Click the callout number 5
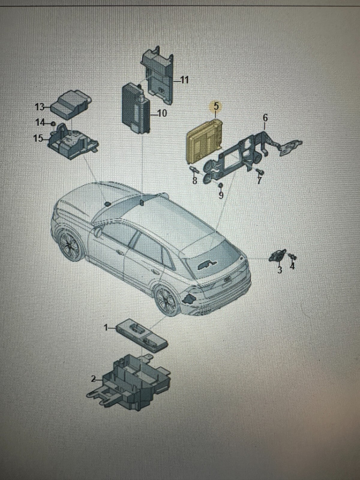[216, 106]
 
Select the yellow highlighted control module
[204, 140]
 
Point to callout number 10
[162, 113]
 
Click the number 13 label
[40, 107]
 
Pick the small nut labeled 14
[53, 124]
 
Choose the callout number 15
[38, 138]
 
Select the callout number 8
[194, 181]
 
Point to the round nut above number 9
[221, 185]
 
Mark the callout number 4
[292, 266]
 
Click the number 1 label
[106, 334]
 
